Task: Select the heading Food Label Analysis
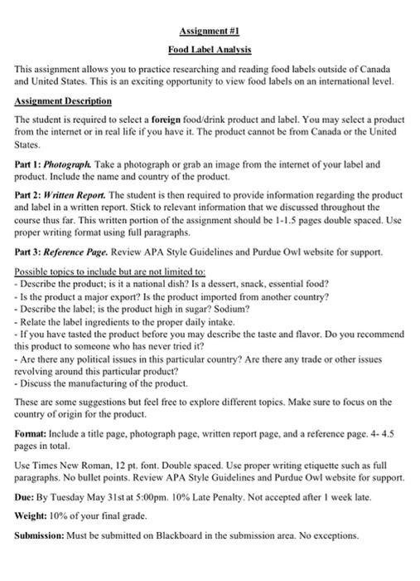point(209,49)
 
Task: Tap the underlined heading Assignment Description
point(63,101)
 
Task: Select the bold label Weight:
point(35,515)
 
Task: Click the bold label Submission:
point(43,535)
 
